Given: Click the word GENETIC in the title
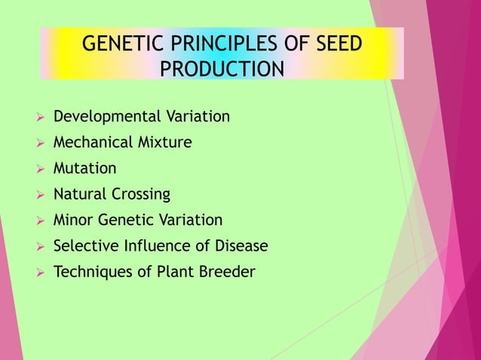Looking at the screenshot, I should [x=116, y=44].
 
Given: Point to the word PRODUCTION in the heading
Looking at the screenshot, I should [x=223, y=69].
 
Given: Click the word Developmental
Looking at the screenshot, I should [x=106, y=117].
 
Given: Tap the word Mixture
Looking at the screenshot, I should [x=163, y=142].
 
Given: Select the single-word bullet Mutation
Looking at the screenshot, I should [x=84, y=169].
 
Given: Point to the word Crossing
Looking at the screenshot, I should [x=141, y=194].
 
